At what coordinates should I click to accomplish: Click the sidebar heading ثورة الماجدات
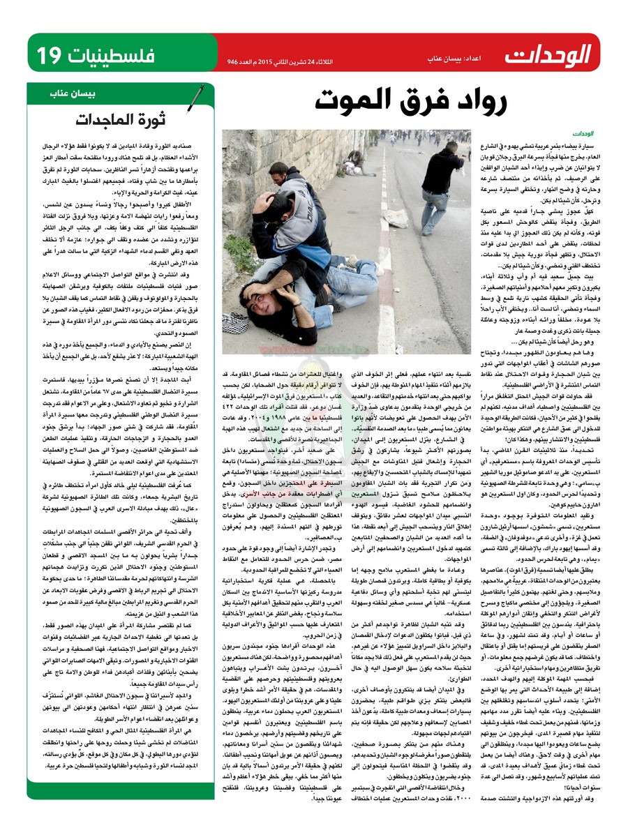click(x=126, y=119)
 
